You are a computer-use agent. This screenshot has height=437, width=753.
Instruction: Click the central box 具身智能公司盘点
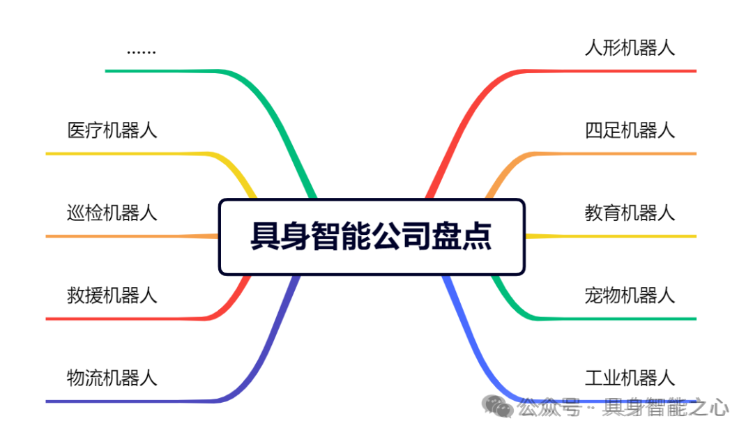[371, 236]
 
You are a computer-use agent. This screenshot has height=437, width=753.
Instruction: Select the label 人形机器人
[630, 48]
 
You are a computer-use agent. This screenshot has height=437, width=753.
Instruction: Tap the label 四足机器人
[630, 130]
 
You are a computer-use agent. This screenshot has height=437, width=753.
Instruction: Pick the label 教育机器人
[630, 213]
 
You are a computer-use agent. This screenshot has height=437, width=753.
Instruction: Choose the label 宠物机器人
[630, 296]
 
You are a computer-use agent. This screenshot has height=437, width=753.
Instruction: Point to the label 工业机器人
[630, 378]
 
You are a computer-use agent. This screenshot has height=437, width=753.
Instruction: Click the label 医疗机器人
[112, 130]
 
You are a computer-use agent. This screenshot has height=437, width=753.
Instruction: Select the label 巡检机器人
[112, 213]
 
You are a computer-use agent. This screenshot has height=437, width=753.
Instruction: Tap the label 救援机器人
[112, 296]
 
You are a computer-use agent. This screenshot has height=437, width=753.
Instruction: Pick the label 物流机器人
[112, 378]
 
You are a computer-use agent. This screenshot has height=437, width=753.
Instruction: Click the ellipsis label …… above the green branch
[142, 52]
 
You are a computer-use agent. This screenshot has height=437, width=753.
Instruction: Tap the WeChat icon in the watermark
[500, 406]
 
